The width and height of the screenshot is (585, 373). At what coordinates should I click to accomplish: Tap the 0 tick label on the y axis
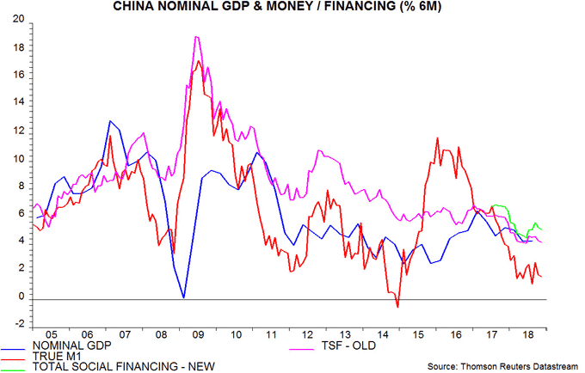tap(18, 297)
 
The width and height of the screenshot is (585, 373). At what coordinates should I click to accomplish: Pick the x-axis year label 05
tap(51, 337)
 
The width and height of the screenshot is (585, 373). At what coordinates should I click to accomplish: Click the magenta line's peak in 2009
tap(197, 37)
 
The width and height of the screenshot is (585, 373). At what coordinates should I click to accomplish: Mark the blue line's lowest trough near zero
tap(183, 297)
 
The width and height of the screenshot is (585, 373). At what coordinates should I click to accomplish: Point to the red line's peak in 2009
tap(200, 60)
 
